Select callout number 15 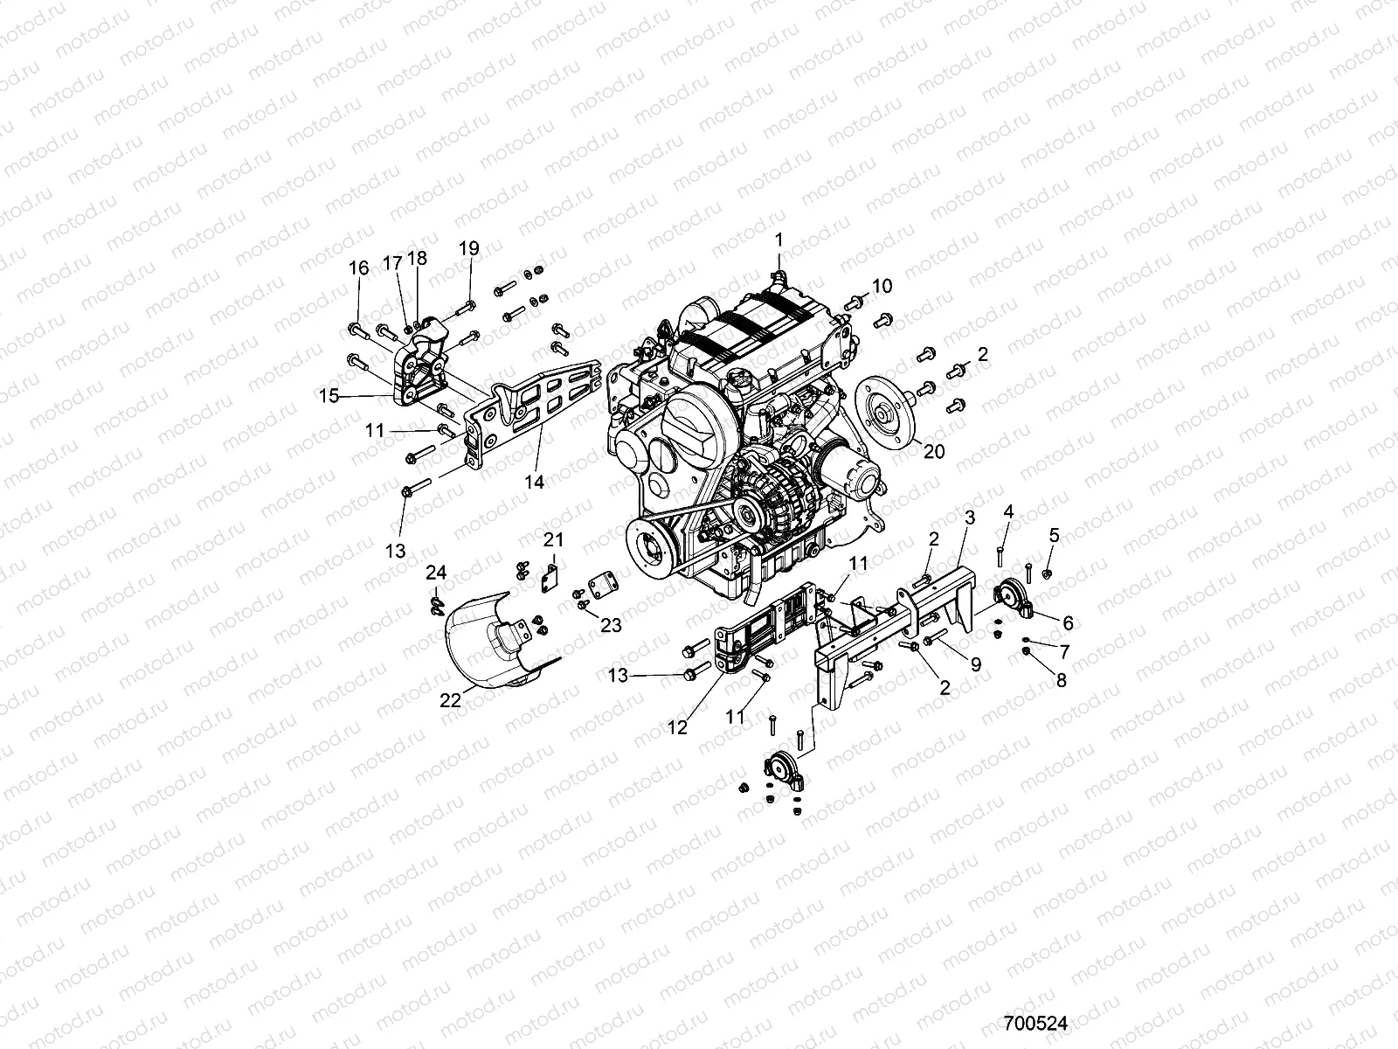pyautogui.click(x=329, y=396)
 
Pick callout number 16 pyautogui.click(x=358, y=267)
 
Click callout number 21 pyautogui.click(x=554, y=538)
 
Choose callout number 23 pyautogui.click(x=611, y=624)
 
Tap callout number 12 pyautogui.click(x=678, y=726)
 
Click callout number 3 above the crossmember pyautogui.click(x=969, y=518)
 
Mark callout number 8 pyautogui.click(x=1061, y=681)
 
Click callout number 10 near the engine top pyautogui.click(x=882, y=285)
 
